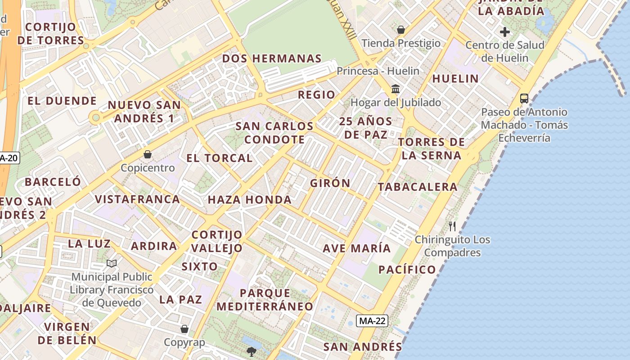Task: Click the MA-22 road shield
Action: [x=372, y=321]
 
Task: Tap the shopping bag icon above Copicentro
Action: [x=148, y=155]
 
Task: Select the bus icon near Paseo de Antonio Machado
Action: [x=524, y=99]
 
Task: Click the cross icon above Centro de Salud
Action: [x=505, y=32]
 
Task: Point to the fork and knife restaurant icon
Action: [x=452, y=226]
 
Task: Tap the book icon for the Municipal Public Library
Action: [x=112, y=263]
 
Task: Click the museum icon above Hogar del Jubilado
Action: [x=396, y=89]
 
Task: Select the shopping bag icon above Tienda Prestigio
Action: [x=400, y=30]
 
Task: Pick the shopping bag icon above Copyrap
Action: [x=184, y=329]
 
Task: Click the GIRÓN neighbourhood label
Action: [x=330, y=183]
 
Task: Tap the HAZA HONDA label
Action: [x=249, y=200]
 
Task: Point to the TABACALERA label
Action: [x=417, y=187]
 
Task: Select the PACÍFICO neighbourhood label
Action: [x=407, y=270]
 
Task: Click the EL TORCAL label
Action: [x=220, y=158]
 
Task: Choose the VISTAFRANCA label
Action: [x=137, y=199]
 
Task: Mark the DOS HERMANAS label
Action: [x=272, y=58]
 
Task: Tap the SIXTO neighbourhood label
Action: [x=199, y=266]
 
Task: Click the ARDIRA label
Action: [x=154, y=246]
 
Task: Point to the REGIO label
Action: [x=316, y=95]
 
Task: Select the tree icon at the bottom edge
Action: [x=251, y=351]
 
